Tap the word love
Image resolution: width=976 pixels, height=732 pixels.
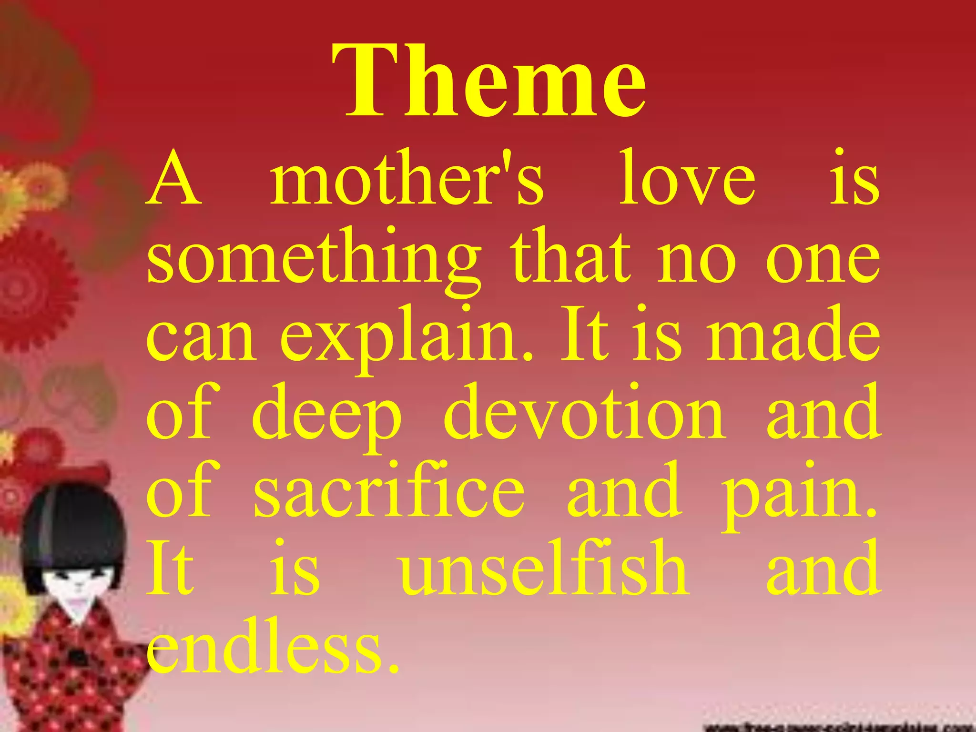[687, 179]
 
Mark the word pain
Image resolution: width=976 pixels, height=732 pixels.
[799, 493]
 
